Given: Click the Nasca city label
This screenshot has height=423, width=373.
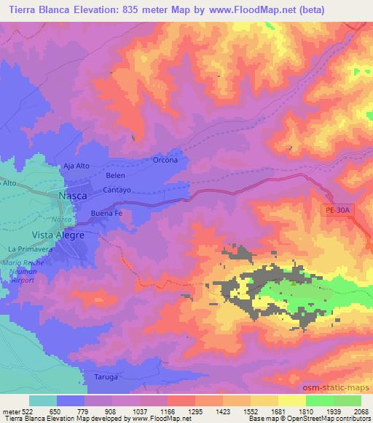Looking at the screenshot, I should (73, 196).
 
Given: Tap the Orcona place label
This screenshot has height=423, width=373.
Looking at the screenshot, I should (165, 160).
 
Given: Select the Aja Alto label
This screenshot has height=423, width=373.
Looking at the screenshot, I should (76, 166).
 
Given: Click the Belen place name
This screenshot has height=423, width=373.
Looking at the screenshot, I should (115, 176).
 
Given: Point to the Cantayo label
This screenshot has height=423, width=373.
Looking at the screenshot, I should (116, 190).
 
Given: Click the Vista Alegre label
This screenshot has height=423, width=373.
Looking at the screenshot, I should (58, 235).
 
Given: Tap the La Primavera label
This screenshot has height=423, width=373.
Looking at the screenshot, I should (27, 249).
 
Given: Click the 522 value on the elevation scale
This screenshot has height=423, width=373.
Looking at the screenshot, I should (22, 411).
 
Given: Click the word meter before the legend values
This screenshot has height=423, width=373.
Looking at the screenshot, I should (9, 411).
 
